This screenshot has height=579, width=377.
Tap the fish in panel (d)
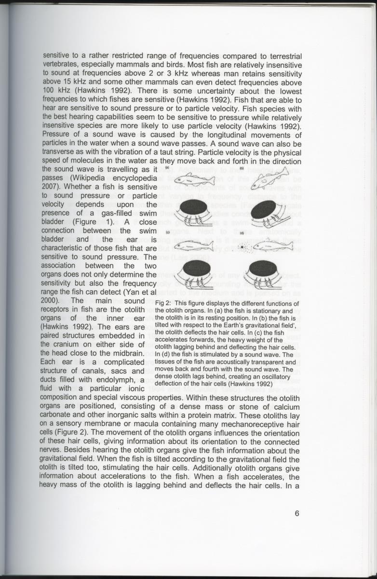(x=269, y=246)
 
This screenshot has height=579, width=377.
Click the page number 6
(x=297, y=513)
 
